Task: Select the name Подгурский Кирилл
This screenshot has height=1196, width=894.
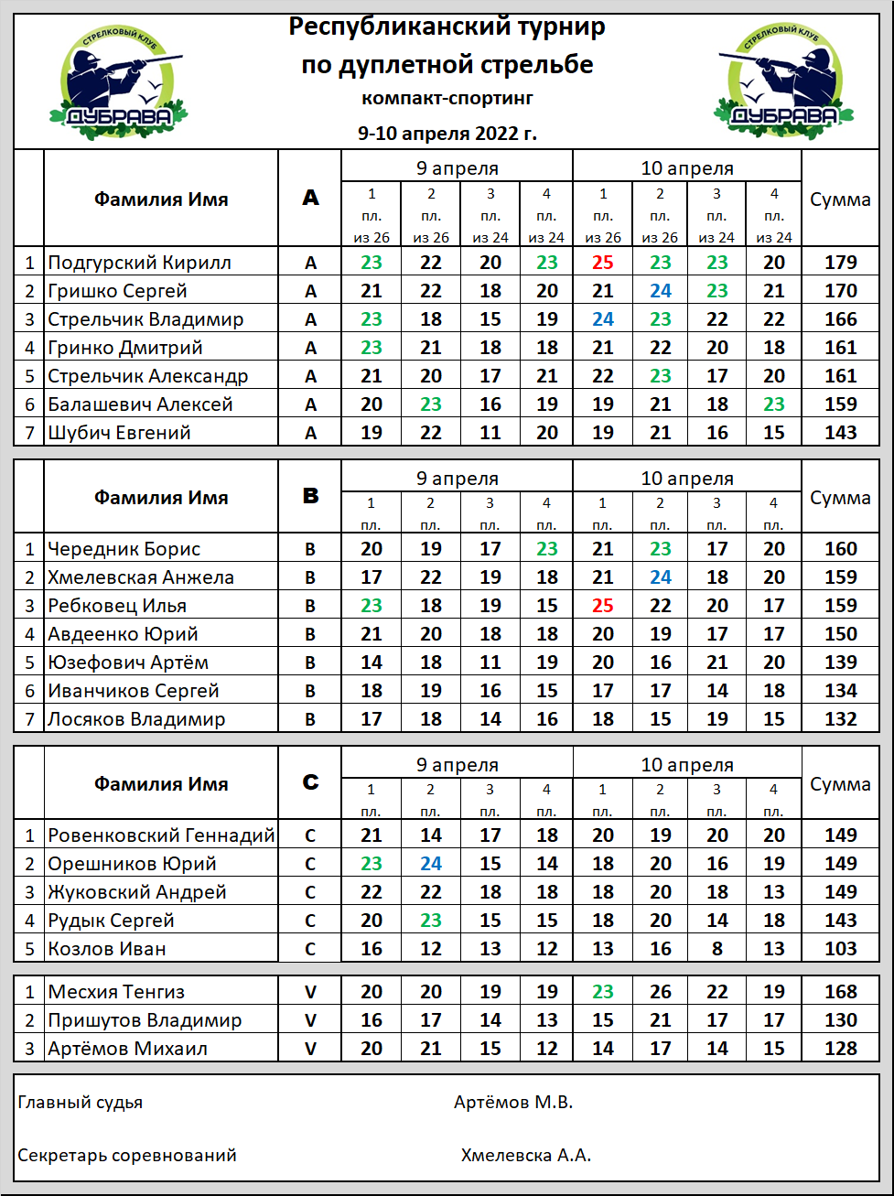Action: (139, 263)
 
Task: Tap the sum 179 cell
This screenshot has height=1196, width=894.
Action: (840, 263)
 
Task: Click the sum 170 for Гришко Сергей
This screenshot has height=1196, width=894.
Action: (840, 291)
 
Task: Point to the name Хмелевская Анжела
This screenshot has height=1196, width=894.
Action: (141, 577)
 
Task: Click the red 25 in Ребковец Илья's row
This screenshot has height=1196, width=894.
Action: (602, 606)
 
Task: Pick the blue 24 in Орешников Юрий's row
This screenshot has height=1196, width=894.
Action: (430, 864)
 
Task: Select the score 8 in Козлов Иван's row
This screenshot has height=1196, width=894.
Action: (716, 949)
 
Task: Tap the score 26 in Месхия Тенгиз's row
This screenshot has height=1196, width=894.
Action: (660, 992)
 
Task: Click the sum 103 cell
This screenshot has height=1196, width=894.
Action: (840, 949)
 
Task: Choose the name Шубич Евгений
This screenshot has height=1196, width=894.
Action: (119, 433)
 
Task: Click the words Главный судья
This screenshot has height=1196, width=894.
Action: (81, 1103)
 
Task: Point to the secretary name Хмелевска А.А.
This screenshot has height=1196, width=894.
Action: (526, 1156)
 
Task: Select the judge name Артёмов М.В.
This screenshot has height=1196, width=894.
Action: (513, 1103)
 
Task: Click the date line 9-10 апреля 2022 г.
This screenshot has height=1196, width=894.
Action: (447, 134)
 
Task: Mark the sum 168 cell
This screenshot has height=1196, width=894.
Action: (840, 992)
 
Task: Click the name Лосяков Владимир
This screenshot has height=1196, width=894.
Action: (136, 719)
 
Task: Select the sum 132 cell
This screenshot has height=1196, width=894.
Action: (840, 719)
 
